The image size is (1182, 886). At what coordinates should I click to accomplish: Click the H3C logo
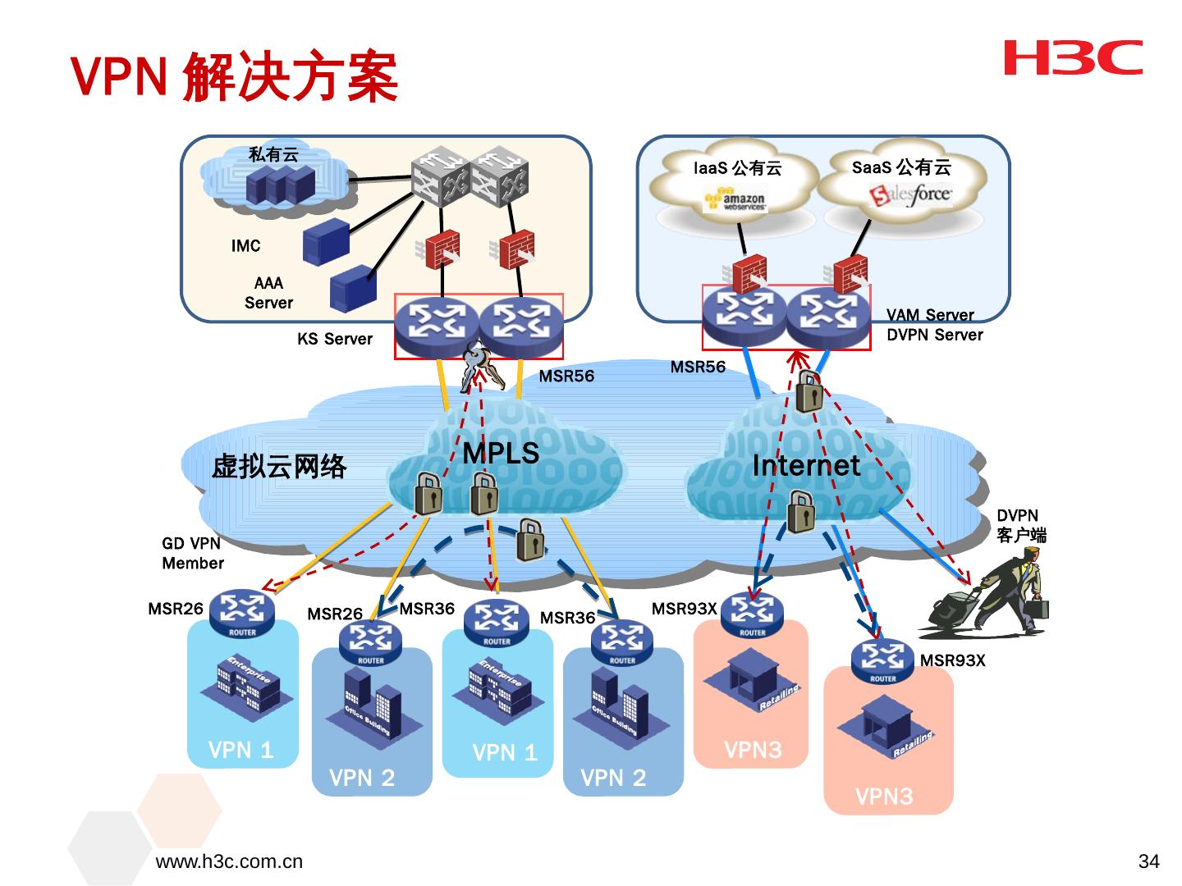pyautogui.click(x=1072, y=57)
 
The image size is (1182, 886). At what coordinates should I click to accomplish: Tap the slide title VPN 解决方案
pyautogui.click(x=235, y=77)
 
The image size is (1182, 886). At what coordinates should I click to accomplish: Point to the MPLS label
pyautogui.click(x=501, y=453)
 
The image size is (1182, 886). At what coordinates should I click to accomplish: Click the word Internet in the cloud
pyautogui.click(x=806, y=466)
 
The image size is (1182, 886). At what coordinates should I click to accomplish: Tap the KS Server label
pyautogui.click(x=335, y=339)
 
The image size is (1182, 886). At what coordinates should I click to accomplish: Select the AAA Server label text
pyautogui.click(x=268, y=293)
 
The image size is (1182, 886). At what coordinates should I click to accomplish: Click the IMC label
pyautogui.click(x=245, y=246)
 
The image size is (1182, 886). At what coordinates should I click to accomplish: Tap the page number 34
pyautogui.click(x=1149, y=861)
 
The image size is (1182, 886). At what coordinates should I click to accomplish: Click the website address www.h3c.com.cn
pyautogui.click(x=229, y=861)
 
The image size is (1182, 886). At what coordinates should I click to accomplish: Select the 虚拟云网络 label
pyautogui.click(x=279, y=467)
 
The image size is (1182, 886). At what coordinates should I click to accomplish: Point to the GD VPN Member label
pyautogui.click(x=192, y=553)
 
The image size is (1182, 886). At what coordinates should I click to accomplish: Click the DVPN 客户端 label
pyautogui.click(x=1020, y=526)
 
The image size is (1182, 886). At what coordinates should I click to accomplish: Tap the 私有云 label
pyautogui.click(x=273, y=154)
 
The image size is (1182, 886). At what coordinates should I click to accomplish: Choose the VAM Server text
pyautogui.click(x=930, y=315)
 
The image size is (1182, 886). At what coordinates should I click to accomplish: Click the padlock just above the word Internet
pyautogui.click(x=809, y=391)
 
